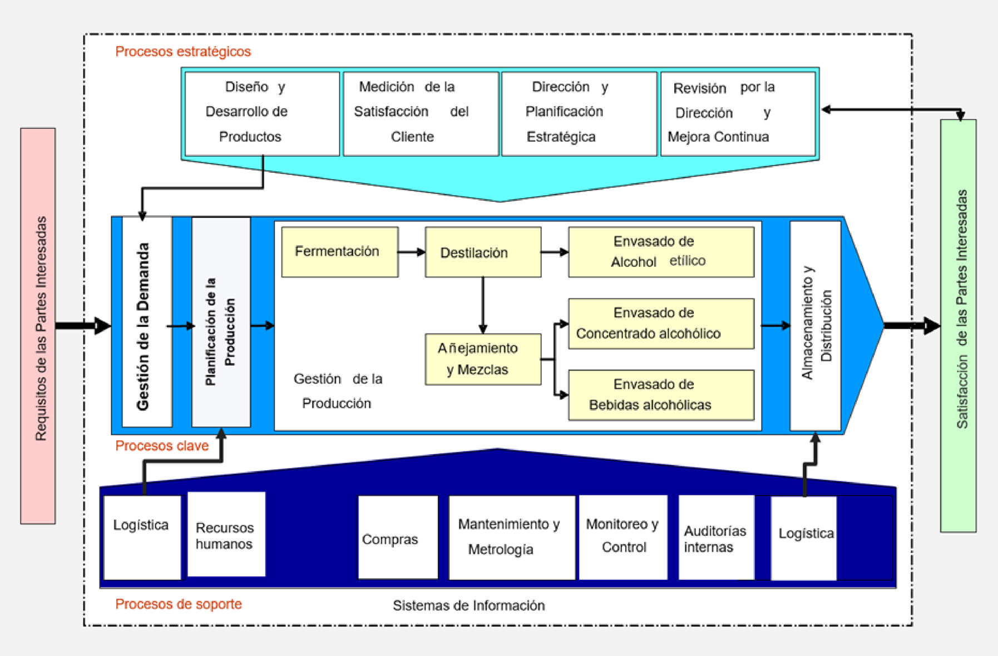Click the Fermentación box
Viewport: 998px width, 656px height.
(339, 252)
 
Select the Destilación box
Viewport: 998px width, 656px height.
(483, 252)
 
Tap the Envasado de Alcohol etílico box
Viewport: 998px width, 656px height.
(661, 252)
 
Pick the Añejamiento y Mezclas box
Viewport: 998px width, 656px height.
(483, 359)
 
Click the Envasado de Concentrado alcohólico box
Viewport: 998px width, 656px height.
(661, 324)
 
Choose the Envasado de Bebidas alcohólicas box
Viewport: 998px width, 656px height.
(661, 395)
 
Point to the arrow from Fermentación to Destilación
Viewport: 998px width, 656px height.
(412, 252)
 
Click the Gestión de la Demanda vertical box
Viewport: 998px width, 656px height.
(147, 322)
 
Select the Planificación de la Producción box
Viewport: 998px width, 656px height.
(221, 322)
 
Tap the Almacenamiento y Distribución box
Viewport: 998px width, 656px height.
(815, 326)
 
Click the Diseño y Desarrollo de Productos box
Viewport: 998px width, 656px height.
(262, 113)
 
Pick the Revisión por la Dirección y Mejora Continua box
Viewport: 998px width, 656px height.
(738, 113)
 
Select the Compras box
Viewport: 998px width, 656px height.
(398, 538)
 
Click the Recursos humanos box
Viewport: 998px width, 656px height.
(226, 534)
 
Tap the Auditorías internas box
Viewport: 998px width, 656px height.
(716, 538)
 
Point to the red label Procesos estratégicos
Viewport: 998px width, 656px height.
(183, 52)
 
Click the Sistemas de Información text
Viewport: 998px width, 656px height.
(468, 605)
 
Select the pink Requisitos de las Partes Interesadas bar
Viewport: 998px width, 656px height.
(38, 326)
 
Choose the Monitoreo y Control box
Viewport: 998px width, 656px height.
(623, 537)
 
